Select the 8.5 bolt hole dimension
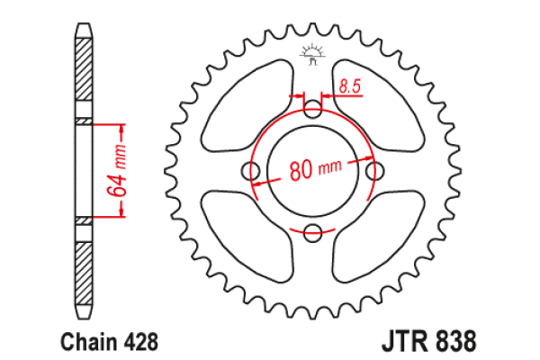350,87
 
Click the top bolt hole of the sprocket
312,111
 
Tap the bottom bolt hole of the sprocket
312,233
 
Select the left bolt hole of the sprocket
251,172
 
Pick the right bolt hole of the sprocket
373,172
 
